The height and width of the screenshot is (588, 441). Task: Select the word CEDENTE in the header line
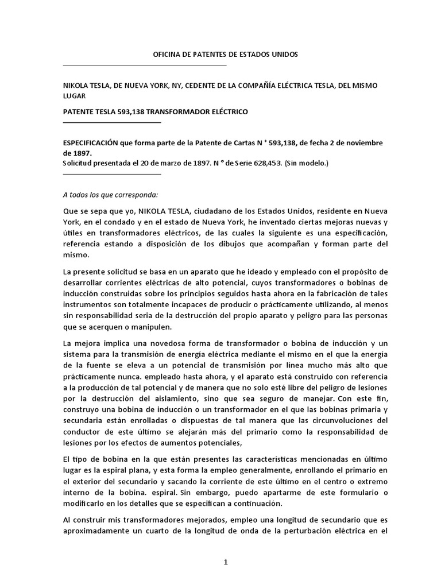202,85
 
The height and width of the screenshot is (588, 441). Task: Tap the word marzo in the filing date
163,163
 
